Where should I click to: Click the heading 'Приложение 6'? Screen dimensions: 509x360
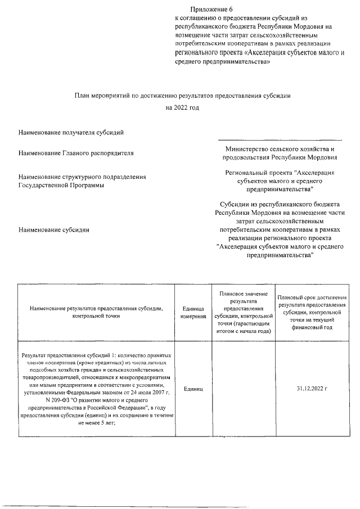pyautogui.click(x=211, y=10)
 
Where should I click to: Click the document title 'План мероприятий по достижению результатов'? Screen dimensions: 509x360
pyautogui.click(x=183, y=96)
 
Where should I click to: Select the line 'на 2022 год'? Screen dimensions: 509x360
pyautogui.click(x=183, y=107)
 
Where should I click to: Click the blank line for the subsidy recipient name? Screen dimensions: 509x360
pyautogui.click(x=280, y=138)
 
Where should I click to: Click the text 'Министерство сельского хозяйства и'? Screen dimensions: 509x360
pyautogui.click(x=280, y=149)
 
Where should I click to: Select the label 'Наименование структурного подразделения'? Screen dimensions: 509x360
pyautogui.click(x=82, y=177)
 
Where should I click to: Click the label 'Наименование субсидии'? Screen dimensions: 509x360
pyautogui.click(x=54, y=229)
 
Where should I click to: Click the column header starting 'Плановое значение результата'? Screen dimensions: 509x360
pyautogui.click(x=242, y=313)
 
